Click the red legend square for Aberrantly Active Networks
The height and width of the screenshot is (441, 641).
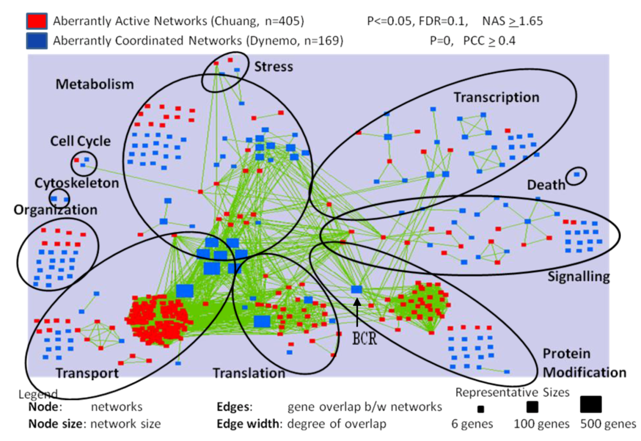(x=36, y=21)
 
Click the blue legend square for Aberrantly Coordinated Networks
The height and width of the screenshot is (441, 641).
(x=36, y=40)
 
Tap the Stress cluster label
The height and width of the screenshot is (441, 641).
(x=274, y=67)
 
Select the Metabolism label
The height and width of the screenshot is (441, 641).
(x=94, y=84)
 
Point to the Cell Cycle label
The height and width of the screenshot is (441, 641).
(x=81, y=141)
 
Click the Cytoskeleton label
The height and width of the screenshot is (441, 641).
(x=76, y=183)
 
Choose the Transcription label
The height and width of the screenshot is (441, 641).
(x=496, y=97)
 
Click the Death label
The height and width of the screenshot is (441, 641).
(x=546, y=185)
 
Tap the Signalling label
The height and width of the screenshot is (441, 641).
(x=578, y=276)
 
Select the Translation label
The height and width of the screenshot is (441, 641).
(x=249, y=373)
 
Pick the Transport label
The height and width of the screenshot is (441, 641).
(x=87, y=373)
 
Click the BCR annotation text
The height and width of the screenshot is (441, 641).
(x=364, y=339)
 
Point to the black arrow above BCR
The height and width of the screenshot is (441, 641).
(x=357, y=311)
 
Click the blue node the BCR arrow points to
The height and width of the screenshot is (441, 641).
(x=357, y=289)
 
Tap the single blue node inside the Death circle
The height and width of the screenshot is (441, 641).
(x=576, y=174)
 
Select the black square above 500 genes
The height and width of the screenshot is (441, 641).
(x=591, y=404)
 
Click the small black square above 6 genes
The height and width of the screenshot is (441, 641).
(x=480, y=409)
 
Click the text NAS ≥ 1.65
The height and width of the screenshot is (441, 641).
(x=512, y=21)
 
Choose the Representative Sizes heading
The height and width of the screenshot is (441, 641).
(x=512, y=392)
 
